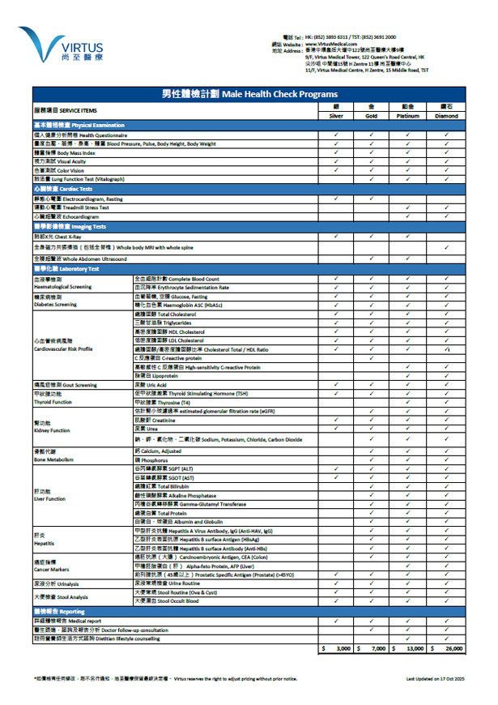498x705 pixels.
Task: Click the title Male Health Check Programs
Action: pos(249,95)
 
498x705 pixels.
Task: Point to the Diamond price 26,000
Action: pos(447,649)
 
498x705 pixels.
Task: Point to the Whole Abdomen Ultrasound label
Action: pos(80,258)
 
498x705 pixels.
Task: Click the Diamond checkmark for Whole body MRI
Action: pos(446,246)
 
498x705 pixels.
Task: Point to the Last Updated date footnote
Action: pos(436,677)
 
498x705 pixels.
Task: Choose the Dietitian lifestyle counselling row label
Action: pos(96,639)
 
